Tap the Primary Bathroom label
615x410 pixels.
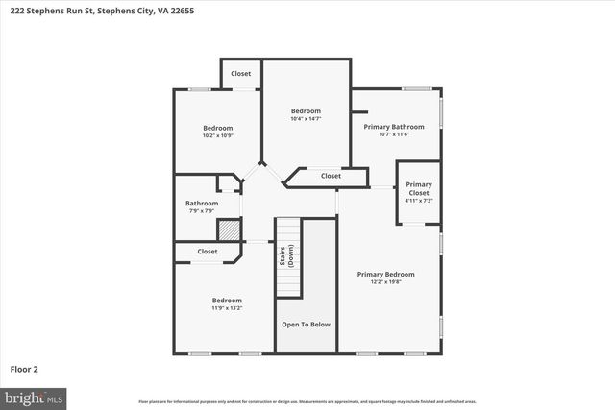(394, 126)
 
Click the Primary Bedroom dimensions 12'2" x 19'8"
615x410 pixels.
(385, 282)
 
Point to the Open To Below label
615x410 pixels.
(306, 325)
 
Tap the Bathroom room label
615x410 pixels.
(202, 203)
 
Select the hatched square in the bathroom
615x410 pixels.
(228, 231)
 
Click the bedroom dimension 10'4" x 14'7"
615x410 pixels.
(306, 119)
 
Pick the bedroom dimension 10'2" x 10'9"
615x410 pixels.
(217, 135)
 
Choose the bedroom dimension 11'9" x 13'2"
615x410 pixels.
(227, 308)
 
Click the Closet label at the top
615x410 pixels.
(240, 73)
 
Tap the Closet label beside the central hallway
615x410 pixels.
(331, 176)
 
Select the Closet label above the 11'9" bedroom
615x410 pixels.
(208, 252)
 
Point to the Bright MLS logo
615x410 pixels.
(34, 397)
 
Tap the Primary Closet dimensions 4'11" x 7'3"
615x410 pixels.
(418, 200)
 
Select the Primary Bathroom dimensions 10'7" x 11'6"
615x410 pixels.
(394, 134)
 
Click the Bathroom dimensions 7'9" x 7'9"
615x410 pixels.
(202, 211)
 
